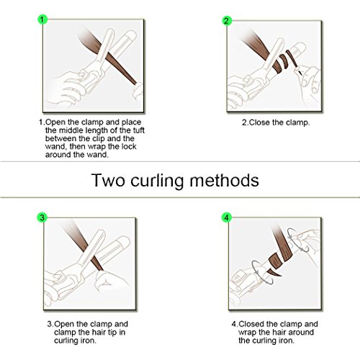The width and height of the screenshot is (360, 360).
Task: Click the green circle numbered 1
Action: click(42, 19)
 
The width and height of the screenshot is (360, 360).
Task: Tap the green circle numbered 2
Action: click(226, 21)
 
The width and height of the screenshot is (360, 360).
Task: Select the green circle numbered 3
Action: click(42, 217)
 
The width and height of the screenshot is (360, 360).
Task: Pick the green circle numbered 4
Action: click(226, 217)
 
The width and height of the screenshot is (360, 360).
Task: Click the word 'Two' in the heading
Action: click(108, 181)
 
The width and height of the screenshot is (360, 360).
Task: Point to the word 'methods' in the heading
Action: click(225, 181)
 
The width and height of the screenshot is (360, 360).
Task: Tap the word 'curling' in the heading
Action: click(158, 181)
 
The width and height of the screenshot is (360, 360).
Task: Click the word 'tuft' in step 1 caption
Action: click(138, 130)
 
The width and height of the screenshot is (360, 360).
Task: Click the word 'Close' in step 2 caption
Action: click(259, 122)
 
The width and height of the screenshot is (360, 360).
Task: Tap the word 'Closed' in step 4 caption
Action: click(253, 324)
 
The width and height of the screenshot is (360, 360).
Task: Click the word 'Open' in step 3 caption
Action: click(64, 325)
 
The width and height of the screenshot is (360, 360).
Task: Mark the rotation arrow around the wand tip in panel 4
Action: click(299, 240)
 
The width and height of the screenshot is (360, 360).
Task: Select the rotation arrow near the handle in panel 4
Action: click(262, 272)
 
